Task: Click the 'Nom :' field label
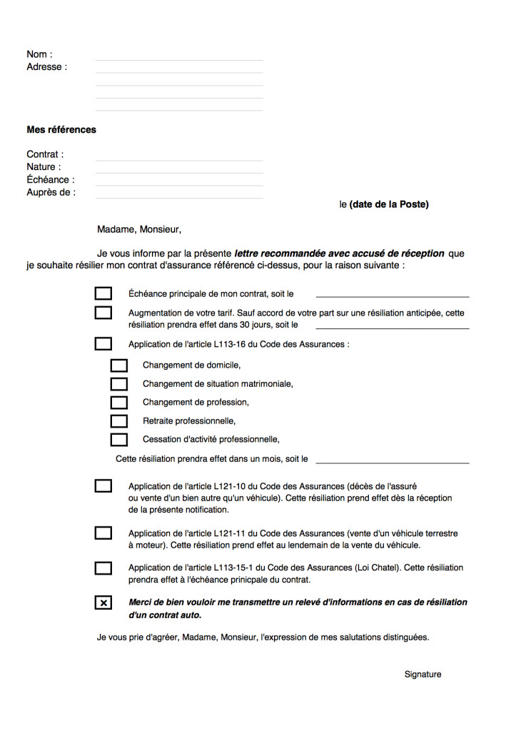pos(39,54)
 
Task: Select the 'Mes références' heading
pos(61,130)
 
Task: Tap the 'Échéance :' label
pos(50,180)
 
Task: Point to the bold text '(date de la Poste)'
pos(389,204)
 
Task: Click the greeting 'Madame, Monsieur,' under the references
pos(139,230)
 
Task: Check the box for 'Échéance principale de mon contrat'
pos(103,293)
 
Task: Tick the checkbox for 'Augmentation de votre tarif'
pos(103,313)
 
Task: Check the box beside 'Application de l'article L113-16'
pos(103,344)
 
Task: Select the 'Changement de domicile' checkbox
pos(119,365)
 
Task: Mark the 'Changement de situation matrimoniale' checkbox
pos(119,384)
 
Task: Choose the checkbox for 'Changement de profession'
pos(119,403)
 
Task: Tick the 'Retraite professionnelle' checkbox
pos(119,421)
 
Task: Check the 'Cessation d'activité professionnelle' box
pos(119,440)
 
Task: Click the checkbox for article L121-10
pos(103,486)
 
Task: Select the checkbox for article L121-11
pos(103,533)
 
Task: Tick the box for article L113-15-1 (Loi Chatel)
pos(103,568)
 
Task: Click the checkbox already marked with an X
pos(103,603)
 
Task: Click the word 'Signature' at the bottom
pos(423,675)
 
